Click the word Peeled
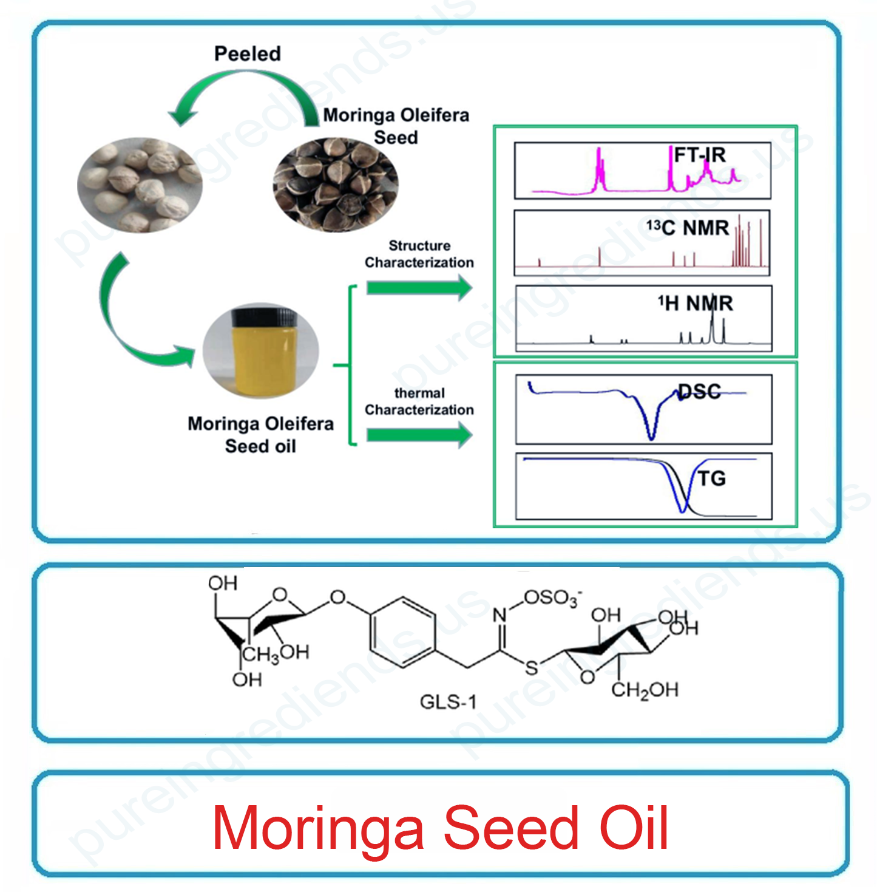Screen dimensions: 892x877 [248, 54]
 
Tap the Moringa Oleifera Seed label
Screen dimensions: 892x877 [396, 126]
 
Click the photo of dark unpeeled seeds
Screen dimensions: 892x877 [336, 185]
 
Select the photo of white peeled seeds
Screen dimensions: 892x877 [139, 185]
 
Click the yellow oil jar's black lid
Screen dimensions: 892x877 [264, 317]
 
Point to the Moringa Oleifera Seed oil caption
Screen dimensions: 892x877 [260, 434]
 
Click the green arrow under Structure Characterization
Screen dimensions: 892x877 [419, 287]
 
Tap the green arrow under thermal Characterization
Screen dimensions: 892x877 [419, 435]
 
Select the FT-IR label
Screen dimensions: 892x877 [700, 155]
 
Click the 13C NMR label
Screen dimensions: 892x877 [688, 228]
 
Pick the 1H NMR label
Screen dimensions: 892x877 [696, 303]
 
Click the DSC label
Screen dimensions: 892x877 [699, 392]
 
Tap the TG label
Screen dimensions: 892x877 [712, 478]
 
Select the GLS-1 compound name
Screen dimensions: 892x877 [448, 702]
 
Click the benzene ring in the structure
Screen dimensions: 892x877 [402, 632]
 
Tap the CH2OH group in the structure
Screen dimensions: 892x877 [645, 690]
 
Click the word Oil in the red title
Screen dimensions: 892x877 [634, 828]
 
